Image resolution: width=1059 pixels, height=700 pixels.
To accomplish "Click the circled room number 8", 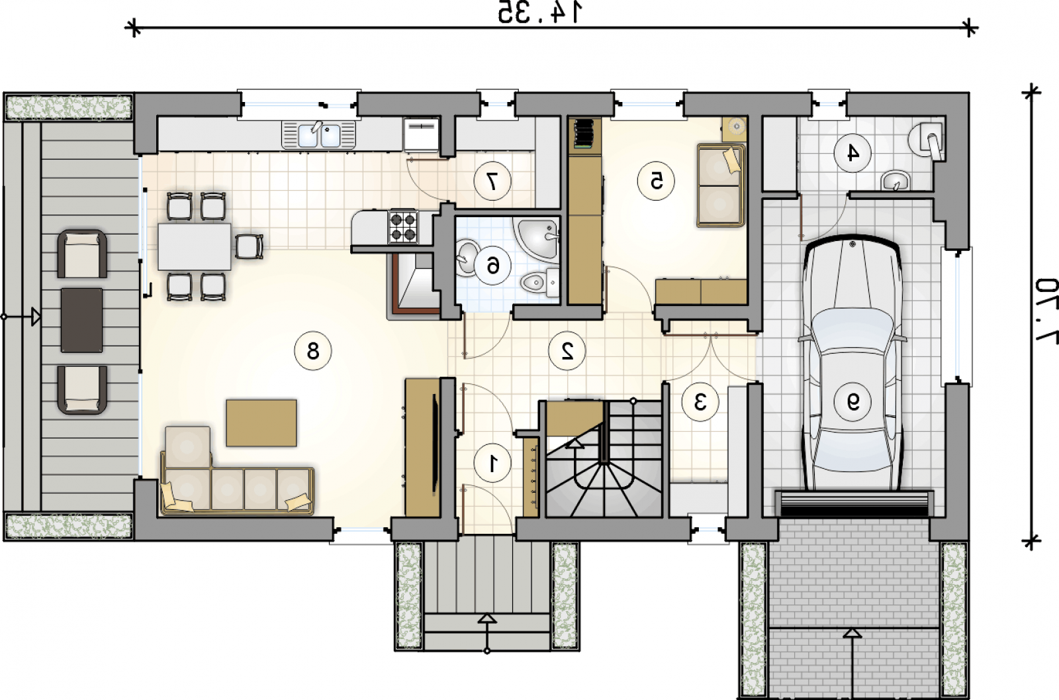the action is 313,351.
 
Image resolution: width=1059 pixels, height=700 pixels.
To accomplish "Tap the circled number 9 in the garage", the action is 852,402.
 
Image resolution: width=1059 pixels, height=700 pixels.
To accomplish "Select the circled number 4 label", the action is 852,153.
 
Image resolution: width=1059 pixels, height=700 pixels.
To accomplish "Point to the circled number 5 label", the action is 656,181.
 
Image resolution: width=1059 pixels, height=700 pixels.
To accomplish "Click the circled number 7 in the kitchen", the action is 492,181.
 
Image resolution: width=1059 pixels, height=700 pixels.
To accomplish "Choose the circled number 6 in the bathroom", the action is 492,266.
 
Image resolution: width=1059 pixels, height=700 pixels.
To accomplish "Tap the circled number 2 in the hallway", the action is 567,350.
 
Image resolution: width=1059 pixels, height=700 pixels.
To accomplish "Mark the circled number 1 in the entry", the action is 492,464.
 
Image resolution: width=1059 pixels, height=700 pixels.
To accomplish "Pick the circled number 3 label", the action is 700,402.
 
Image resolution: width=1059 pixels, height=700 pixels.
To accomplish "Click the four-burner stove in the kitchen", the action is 403,227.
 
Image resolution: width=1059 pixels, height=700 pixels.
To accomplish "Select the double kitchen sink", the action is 318,135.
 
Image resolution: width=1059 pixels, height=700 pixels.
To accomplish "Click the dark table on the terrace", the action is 82,321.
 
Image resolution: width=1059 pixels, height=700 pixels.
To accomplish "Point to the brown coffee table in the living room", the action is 261,423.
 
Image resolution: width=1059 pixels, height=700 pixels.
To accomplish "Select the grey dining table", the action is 195,246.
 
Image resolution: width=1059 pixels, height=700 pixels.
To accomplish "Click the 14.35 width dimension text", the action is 539,13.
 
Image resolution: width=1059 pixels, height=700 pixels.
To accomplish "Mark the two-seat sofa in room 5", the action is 721,185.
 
